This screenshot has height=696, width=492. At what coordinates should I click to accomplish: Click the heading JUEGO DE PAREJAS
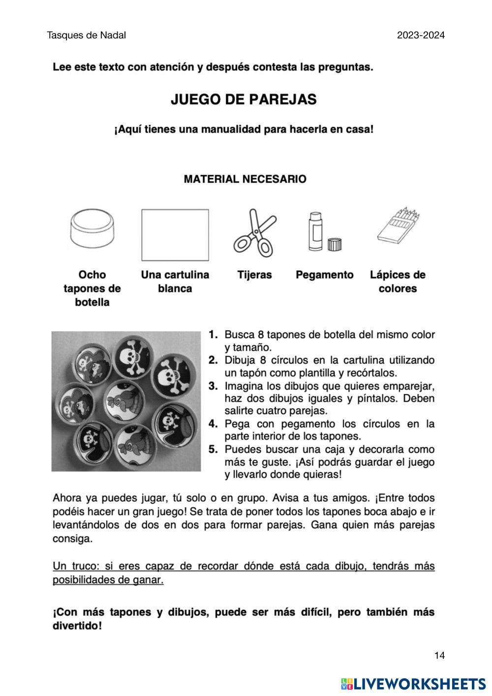click(244, 99)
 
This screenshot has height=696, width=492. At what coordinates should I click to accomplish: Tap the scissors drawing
click(254, 233)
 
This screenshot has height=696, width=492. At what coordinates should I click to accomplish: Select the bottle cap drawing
click(92, 229)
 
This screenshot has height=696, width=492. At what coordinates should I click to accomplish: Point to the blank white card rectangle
click(175, 235)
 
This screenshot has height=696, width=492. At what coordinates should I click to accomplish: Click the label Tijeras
click(254, 275)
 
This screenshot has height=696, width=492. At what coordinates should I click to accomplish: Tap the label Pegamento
click(324, 275)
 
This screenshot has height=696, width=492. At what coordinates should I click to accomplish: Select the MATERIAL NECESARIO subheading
click(245, 179)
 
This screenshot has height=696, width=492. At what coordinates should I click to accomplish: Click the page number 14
click(439, 655)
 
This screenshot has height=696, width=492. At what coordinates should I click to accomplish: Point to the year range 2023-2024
click(421, 35)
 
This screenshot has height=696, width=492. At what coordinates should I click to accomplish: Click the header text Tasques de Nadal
click(87, 35)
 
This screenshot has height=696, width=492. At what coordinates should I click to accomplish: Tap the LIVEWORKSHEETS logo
click(413, 684)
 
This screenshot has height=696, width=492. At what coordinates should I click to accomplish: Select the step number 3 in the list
click(213, 385)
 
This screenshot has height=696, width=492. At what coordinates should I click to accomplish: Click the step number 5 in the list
click(213, 449)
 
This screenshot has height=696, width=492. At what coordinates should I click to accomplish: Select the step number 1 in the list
click(213, 335)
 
